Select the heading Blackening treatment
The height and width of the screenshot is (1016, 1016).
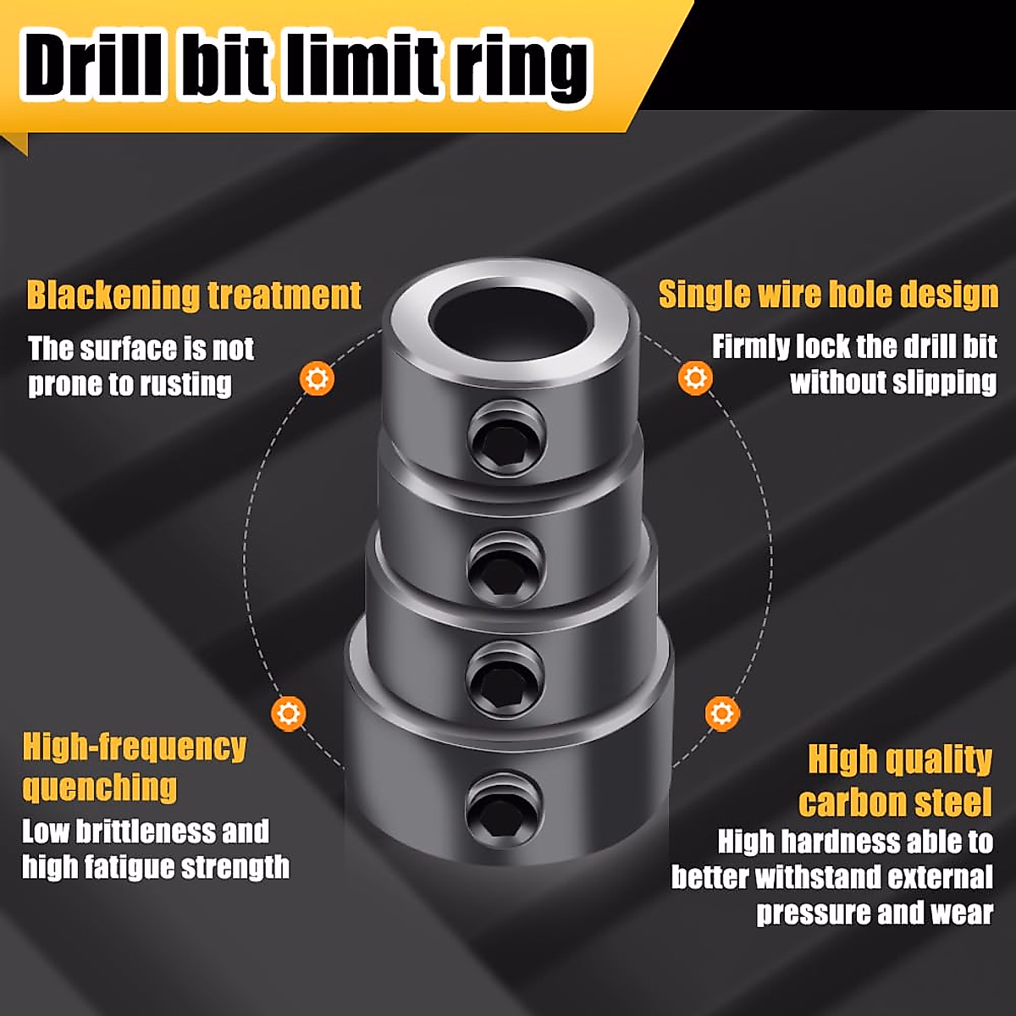point(194,295)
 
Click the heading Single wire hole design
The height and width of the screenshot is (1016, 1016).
point(828,294)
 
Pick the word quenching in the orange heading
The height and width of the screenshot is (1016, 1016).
point(100,787)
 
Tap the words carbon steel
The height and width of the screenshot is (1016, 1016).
point(895,802)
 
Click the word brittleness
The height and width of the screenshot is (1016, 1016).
point(146,831)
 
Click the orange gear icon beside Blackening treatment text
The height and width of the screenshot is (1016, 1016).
point(317,378)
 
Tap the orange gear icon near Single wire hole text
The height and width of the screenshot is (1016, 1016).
point(695,377)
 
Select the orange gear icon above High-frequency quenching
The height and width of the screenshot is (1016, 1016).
point(289,713)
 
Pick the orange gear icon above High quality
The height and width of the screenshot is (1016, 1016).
point(721,713)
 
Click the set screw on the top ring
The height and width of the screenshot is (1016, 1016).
point(505,439)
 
